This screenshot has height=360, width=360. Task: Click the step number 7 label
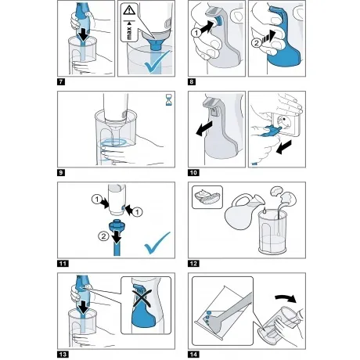coord(61,82)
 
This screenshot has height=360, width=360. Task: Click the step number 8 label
coord(192,82)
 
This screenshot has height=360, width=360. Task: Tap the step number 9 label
coord(61,173)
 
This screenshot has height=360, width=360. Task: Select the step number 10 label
coord(193,173)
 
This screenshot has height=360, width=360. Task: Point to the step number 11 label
coord(63,264)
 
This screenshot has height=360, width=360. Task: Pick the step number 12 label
coord(193,264)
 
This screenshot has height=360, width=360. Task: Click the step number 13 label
coord(63,355)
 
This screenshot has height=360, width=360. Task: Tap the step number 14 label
coord(193,355)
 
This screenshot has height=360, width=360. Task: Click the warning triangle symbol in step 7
coord(129,10)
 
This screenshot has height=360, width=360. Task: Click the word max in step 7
coord(129,33)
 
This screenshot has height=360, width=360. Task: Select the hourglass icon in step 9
coord(169,100)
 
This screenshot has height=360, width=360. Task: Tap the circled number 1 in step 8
coord(196,33)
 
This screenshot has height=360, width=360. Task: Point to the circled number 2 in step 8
coord(257,43)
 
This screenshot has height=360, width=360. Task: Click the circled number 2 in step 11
coord(103,236)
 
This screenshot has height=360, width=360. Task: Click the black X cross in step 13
coord(142,296)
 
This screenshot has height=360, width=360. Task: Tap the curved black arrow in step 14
coord(286,297)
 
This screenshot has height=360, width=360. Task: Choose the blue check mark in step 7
coord(158,62)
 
